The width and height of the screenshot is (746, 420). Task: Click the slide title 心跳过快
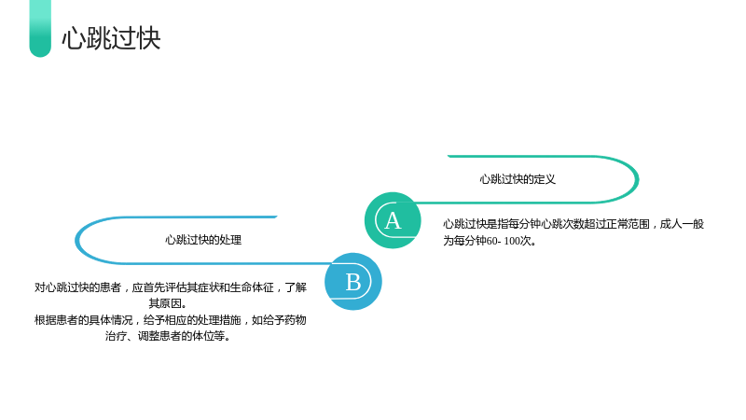point(111,38)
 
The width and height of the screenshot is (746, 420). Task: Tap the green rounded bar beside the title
point(40,29)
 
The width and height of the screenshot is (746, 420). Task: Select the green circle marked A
point(393,220)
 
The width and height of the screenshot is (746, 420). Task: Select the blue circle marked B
point(353,282)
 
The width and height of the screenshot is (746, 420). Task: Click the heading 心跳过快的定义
point(518,179)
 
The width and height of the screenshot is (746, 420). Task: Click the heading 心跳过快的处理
point(203,240)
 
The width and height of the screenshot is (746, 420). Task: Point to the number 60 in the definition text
point(491,241)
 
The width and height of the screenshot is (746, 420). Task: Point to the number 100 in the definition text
point(512,241)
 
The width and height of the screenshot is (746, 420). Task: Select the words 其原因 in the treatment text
point(165,303)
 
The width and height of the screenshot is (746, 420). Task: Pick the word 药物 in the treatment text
point(296,320)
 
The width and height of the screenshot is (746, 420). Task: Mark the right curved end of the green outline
point(637,179)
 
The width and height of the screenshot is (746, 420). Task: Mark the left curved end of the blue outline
point(76,241)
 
